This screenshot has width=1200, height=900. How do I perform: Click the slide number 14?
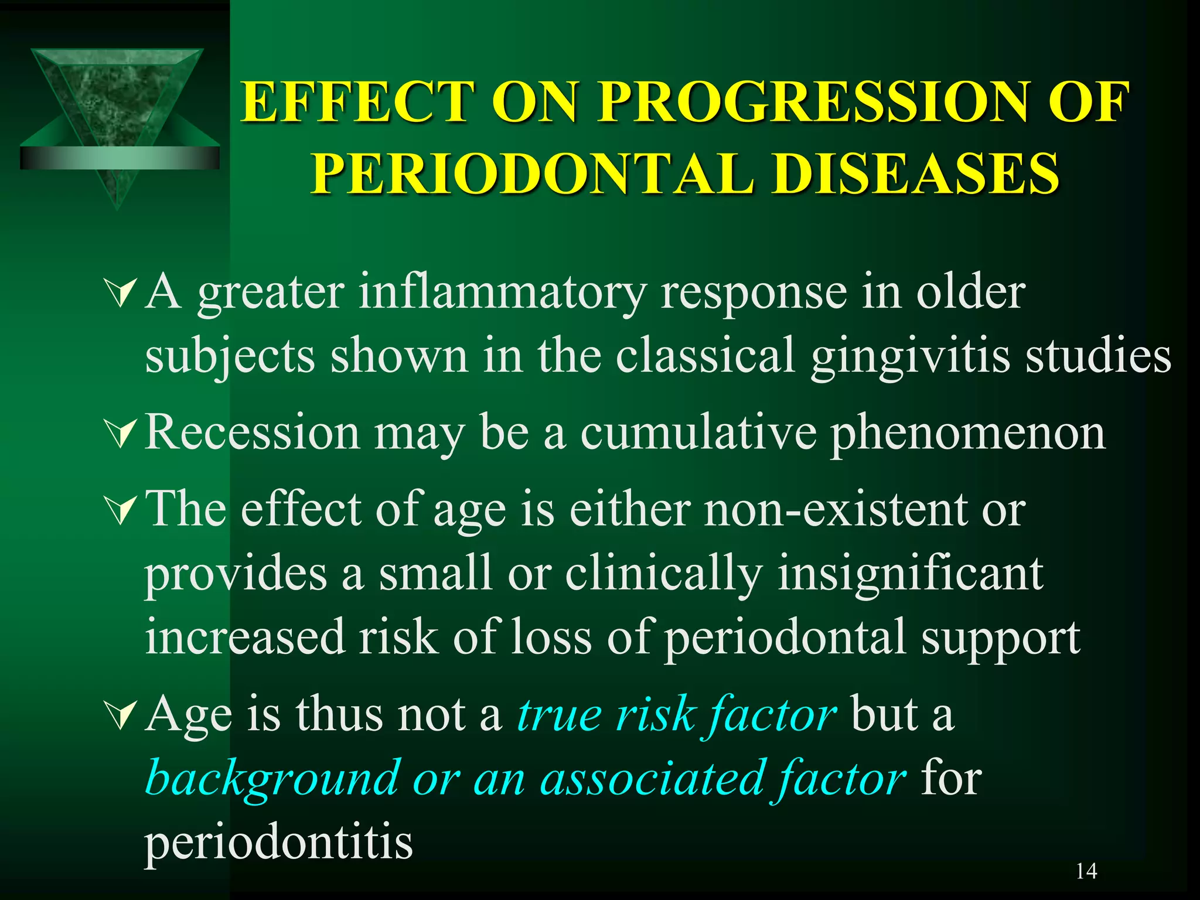[1086, 871]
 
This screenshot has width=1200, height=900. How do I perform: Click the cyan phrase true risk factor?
[677, 714]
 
